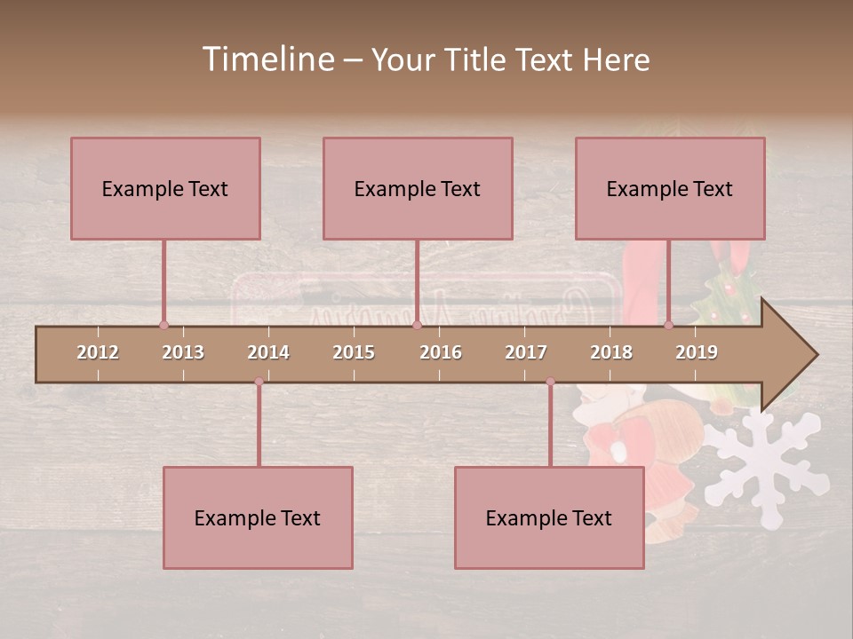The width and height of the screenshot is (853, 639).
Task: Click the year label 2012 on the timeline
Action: click(98, 352)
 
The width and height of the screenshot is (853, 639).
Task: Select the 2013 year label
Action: click(183, 352)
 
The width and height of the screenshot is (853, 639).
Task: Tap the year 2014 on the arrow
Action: click(268, 352)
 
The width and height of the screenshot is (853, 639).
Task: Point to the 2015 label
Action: click(354, 352)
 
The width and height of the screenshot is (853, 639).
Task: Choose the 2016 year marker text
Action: click(441, 352)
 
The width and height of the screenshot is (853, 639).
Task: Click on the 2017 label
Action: click(526, 352)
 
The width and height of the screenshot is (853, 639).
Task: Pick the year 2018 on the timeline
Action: click(611, 352)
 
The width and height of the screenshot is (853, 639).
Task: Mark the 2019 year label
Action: click(697, 352)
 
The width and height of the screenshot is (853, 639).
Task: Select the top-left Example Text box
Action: click(165, 188)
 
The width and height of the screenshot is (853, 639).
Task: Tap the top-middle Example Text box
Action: click(418, 188)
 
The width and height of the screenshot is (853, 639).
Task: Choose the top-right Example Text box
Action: click(670, 188)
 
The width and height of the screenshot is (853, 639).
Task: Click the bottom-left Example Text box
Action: click(258, 517)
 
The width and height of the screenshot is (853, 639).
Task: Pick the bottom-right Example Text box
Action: click(549, 517)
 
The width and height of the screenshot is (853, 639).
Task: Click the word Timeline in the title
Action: click(267, 59)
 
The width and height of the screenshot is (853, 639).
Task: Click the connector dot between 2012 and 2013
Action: click(163, 326)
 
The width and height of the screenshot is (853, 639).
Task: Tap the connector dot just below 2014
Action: click(259, 382)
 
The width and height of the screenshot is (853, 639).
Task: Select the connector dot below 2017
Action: click(550, 382)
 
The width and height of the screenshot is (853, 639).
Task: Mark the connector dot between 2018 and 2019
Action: click(668, 326)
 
